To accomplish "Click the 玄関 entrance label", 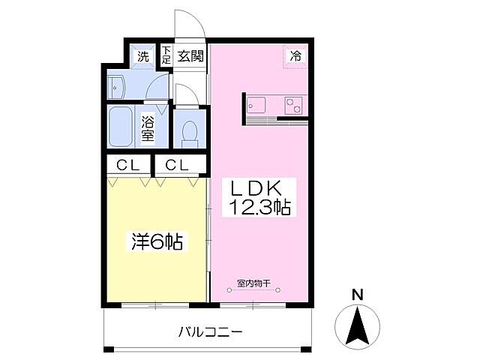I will point(191,55).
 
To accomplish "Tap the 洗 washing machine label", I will point(142,55).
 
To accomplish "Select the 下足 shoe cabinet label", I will point(166,55).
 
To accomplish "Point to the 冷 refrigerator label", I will point(296,55).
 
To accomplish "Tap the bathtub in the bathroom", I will point(121,127).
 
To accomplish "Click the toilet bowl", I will point(188,132).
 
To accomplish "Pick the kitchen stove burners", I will point(295,106).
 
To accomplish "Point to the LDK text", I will point(259,187).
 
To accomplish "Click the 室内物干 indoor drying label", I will point(253,283).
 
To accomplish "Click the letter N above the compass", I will point(358,295).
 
